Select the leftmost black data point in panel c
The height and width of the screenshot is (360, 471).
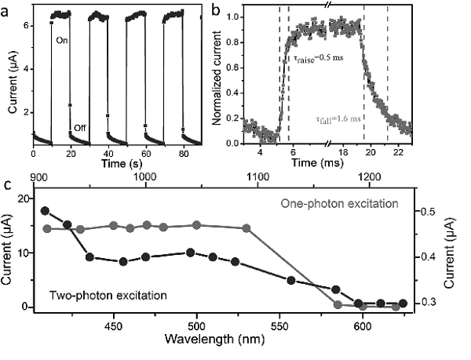point(45,210)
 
